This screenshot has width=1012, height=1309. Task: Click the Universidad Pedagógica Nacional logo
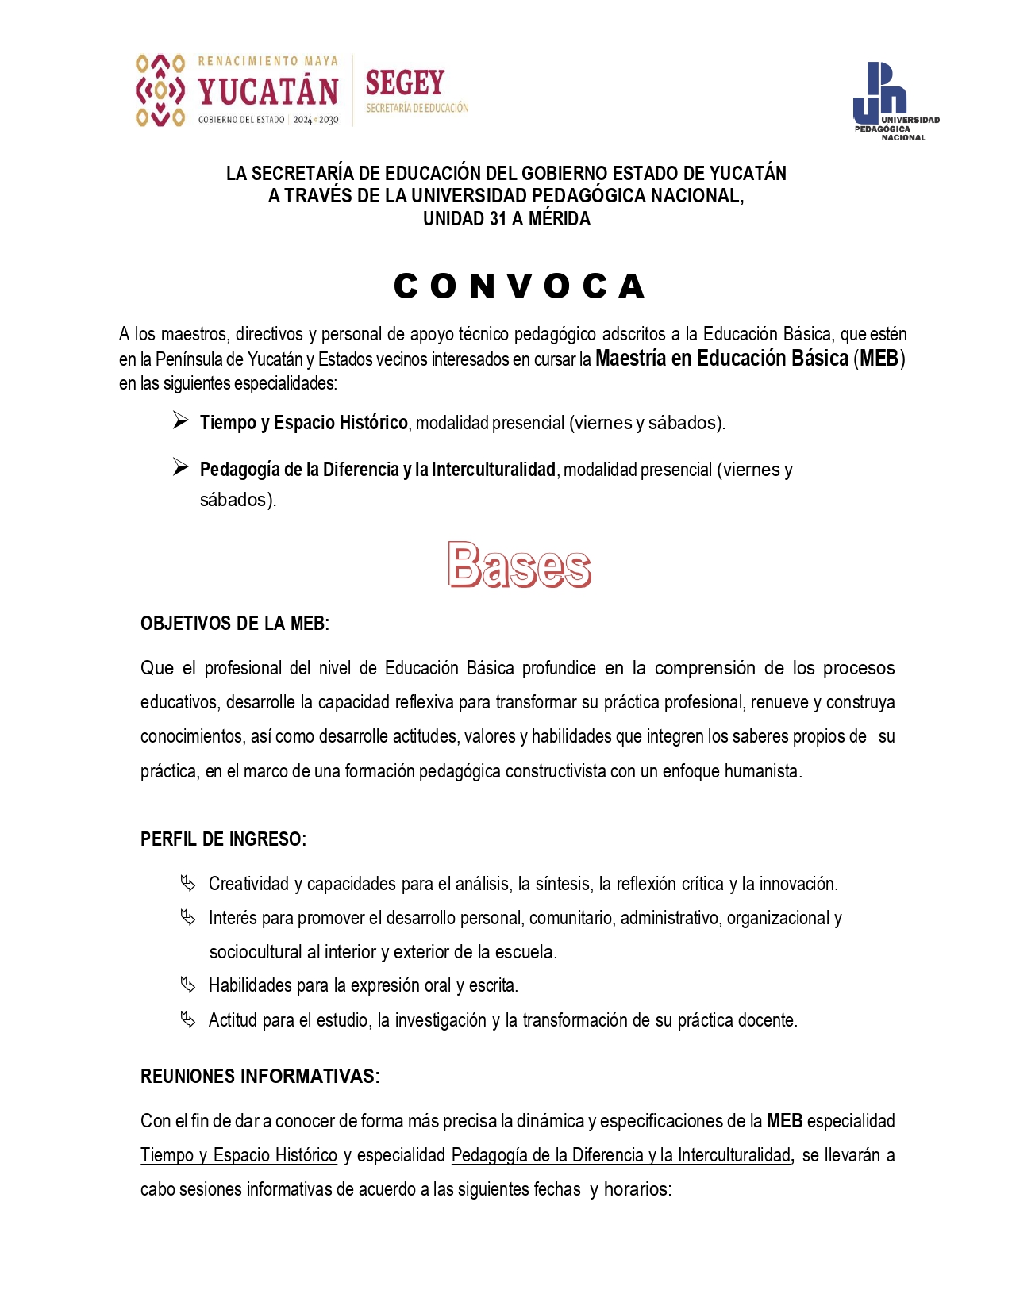(x=894, y=101)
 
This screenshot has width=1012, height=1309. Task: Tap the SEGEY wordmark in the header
(x=405, y=83)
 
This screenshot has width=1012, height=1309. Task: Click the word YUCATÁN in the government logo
(x=268, y=92)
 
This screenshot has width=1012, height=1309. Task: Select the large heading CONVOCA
(x=520, y=286)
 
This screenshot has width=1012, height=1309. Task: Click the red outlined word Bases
(x=520, y=565)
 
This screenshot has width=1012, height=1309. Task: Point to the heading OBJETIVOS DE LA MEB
(x=235, y=624)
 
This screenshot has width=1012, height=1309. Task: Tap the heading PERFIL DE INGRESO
(x=223, y=839)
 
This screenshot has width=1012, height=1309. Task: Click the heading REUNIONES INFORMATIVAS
(x=260, y=1077)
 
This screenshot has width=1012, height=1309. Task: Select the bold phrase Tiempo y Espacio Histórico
(x=303, y=423)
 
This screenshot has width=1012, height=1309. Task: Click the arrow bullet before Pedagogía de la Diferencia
(x=180, y=468)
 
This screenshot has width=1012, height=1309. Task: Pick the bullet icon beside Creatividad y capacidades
(x=187, y=883)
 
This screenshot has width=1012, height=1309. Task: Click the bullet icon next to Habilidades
(x=187, y=985)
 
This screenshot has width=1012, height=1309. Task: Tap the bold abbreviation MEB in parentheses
(x=879, y=359)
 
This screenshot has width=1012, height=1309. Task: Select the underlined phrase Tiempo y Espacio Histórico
(x=239, y=1155)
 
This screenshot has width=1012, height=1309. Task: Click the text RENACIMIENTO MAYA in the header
(x=267, y=61)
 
